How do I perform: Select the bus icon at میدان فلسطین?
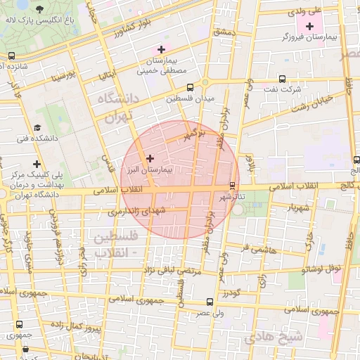pyautogui.click(x=190, y=88)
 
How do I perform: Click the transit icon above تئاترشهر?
pyautogui.click(x=232, y=185)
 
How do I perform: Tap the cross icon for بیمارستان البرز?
pyautogui.click(x=150, y=159)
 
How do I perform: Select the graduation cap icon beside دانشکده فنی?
pyautogui.click(x=37, y=128)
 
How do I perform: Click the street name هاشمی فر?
pyautogui.click(x=254, y=249)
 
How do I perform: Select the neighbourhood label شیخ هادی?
pyautogui.click(x=274, y=337)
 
